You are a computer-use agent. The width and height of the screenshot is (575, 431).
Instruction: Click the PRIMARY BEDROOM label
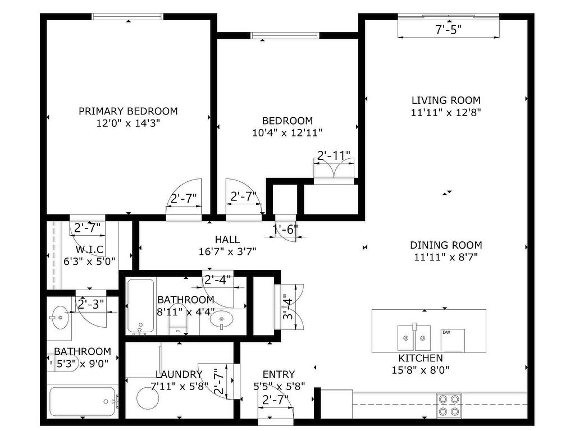[x=128, y=111]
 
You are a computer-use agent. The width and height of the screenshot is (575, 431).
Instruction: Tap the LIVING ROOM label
[x=446, y=100]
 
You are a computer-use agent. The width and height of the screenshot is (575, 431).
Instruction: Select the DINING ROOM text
[x=446, y=245]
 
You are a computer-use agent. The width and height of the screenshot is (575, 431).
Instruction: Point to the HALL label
[x=227, y=240]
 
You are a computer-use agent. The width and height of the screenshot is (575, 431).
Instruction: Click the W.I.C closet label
[x=89, y=250]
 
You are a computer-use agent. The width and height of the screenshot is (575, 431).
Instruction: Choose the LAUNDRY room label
[x=179, y=374]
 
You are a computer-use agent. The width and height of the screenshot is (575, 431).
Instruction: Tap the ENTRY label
[x=279, y=374]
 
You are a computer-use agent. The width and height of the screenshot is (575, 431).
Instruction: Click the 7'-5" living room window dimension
[x=448, y=30]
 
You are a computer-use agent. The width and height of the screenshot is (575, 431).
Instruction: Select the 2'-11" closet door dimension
[x=334, y=155]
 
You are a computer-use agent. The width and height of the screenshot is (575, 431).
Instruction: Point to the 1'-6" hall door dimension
[x=285, y=230]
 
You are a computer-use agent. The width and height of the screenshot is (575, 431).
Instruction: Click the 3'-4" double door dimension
[x=288, y=309]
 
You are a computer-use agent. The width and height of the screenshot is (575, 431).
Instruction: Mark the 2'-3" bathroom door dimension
[x=91, y=304]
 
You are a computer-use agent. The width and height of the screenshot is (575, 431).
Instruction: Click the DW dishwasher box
[x=453, y=341]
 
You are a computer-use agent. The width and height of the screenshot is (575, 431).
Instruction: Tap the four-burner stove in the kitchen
[x=449, y=405]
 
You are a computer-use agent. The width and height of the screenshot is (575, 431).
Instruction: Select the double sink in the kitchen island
[x=414, y=337]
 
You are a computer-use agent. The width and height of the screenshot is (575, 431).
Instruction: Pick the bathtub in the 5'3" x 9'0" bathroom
[x=82, y=402]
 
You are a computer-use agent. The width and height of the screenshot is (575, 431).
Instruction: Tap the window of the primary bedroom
[x=127, y=16]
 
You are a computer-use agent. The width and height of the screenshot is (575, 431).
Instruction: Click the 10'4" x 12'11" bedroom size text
[x=287, y=132]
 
